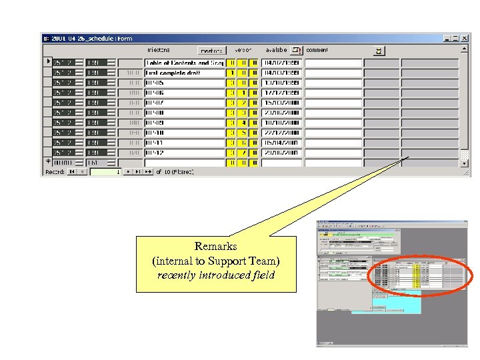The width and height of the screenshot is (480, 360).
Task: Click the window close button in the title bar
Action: click(465, 39)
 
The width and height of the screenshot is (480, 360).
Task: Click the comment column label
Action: click(317, 50)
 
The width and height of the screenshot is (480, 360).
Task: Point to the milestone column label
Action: click(158, 50)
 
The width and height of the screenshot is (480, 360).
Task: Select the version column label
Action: click(243, 50)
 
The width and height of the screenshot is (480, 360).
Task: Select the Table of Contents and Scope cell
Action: click(185, 63)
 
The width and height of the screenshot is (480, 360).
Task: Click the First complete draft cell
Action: click(185, 73)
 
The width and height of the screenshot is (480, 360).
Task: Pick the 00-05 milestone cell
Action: click(185, 83)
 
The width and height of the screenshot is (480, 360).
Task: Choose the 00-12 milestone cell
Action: click(185, 153)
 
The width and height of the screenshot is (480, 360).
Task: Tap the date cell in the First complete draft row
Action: click(281, 73)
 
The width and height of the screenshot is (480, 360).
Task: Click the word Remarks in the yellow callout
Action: click(215, 247)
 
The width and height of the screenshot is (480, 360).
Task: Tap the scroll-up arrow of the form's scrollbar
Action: click(465, 48)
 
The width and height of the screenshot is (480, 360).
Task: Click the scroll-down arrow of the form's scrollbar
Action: click(465, 163)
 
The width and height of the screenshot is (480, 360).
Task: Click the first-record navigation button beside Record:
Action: click(72, 172)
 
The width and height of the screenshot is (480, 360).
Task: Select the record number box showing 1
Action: click(105, 172)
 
